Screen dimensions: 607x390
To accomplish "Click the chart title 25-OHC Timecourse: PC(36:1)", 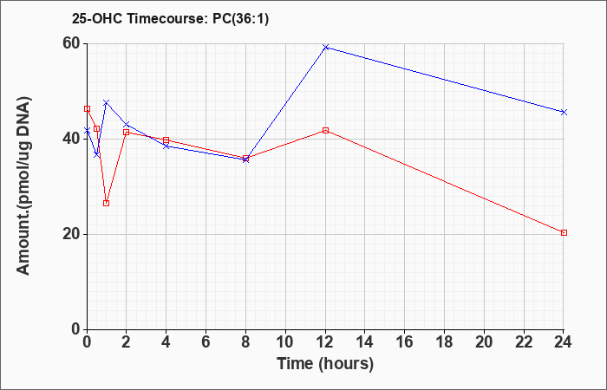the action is click(170, 18).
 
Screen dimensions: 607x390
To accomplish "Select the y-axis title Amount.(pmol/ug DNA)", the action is click(23, 185).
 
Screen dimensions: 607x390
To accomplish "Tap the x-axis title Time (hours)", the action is click(325, 364).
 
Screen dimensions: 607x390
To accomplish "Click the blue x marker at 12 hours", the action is click(325, 47).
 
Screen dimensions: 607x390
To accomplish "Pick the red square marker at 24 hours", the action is click(564, 232).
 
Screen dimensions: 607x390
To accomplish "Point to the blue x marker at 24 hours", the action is click(564, 112).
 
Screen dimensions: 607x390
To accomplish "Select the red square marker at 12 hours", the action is click(325, 130).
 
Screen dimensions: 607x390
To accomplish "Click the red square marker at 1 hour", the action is click(107, 203).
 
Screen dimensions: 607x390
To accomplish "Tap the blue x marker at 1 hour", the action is click(107, 102).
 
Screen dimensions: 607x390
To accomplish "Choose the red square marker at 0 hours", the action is click(87, 108).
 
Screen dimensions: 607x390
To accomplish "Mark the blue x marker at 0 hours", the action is click(87, 131).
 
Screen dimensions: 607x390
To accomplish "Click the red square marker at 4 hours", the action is click(166, 140).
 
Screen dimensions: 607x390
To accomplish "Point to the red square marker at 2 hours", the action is click(127, 132).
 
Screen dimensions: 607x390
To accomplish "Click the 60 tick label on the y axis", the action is click(71, 43).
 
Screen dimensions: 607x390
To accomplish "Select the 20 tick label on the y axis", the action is click(71, 234).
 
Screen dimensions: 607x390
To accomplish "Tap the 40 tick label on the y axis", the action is click(71, 139).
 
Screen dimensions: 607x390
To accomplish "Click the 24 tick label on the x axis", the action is click(563, 342).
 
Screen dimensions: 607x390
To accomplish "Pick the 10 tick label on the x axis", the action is click(285, 342).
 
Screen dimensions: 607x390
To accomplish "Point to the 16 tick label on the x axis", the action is click(405, 342).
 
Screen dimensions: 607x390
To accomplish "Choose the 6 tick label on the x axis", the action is click(206, 342).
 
